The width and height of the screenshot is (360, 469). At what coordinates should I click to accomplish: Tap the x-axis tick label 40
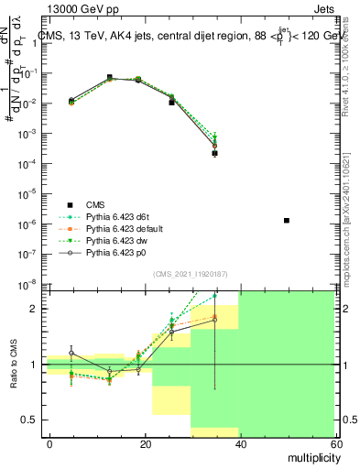pyautogui.click(x=240, y=443)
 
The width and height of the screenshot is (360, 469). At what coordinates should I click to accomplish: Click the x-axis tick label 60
pyautogui.click(x=335, y=443)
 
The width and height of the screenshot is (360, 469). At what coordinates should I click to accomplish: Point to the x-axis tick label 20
pyautogui.click(x=145, y=443)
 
